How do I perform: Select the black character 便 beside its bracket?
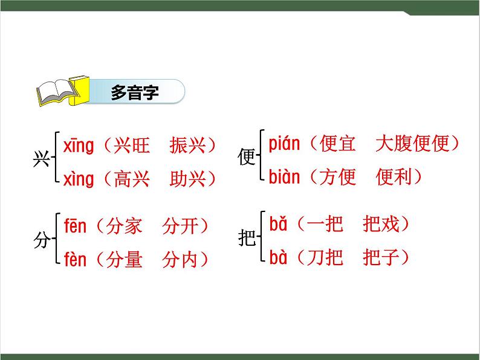247,158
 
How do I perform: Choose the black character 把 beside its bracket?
247,239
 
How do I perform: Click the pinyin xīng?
79,146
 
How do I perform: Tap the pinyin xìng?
79,179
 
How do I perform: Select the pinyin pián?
285,144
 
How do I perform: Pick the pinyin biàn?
285,177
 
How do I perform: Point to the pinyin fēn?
76,227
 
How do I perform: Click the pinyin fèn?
76,260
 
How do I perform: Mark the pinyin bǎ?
277,225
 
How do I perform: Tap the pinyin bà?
277,258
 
